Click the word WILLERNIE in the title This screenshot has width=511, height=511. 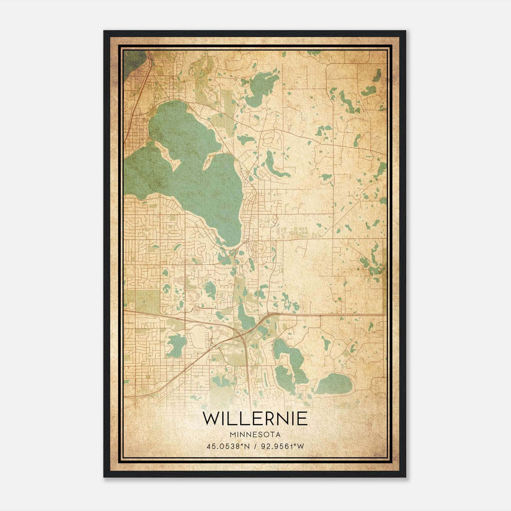(x=255, y=419)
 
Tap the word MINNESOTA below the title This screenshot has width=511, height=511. (x=255, y=435)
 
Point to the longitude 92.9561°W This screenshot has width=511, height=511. (x=283, y=446)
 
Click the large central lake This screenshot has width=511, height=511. (x=204, y=179)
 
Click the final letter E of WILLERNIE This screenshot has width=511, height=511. (x=302, y=419)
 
